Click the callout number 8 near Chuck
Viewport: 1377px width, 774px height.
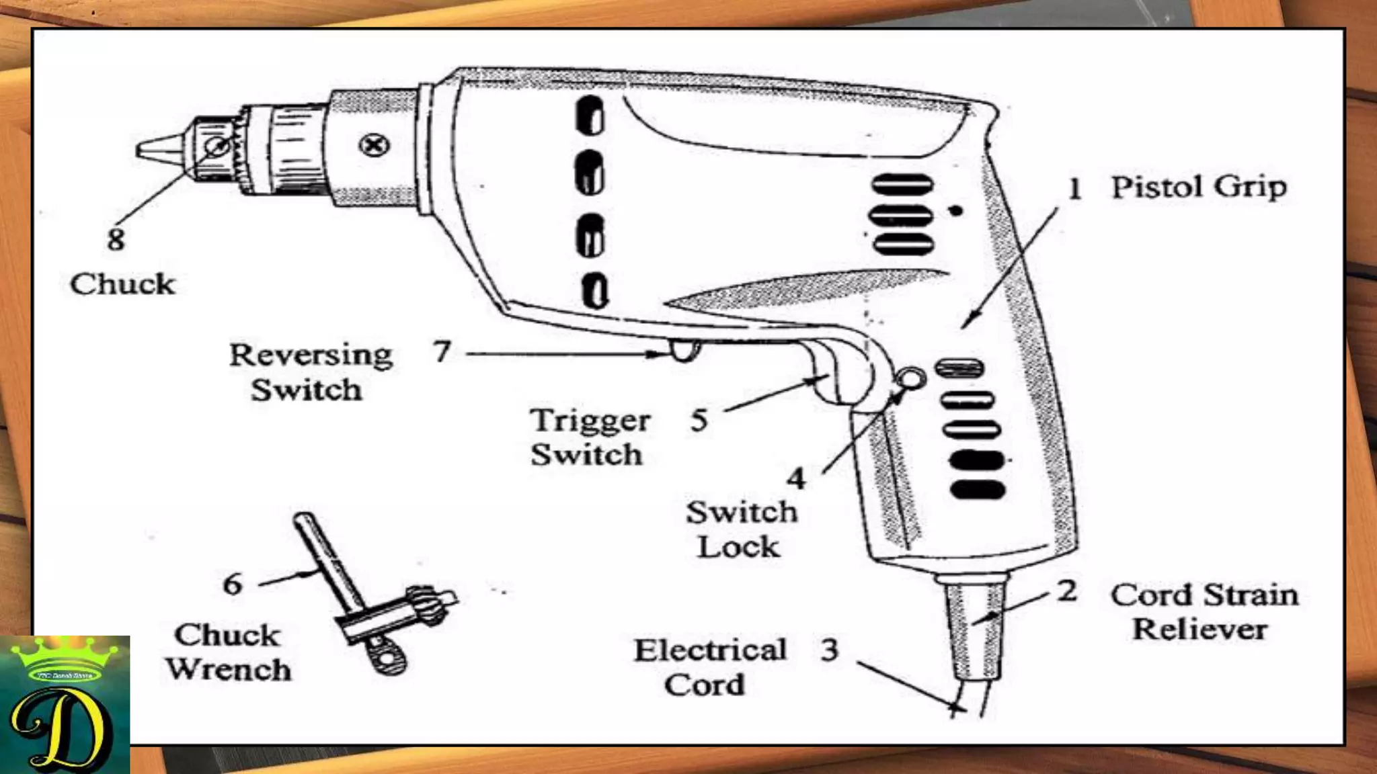tap(116, 239)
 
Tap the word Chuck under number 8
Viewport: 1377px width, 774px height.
tap(122, 284)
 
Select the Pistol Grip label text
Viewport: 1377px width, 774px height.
tap(1198, 187)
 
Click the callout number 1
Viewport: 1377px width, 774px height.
tap(1075, 189)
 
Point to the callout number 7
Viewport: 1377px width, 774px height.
tap(442, 351)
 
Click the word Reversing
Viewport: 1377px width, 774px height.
tap(311, 355)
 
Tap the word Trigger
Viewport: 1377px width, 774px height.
tap(590, 421)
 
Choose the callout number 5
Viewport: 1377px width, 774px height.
tap(699, 421)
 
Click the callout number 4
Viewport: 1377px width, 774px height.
tap(797, 479)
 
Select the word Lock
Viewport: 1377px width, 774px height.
tap(738, 547)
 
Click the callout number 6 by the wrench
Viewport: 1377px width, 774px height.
tap(233, 584)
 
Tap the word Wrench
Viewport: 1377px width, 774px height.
tap(229, 670)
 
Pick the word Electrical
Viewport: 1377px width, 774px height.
tap(710, 650)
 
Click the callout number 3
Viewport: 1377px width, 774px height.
tap(830, 650)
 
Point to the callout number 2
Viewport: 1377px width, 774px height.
tap(1067, 591)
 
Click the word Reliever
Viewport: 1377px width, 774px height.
tap(1199, 630)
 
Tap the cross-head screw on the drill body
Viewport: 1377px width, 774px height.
tap(374, 145)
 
